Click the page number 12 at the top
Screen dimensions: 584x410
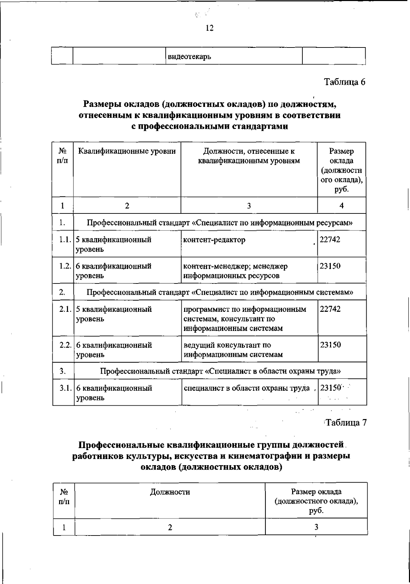tap(209, 28)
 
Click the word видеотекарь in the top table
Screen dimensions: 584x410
tap(189, 56)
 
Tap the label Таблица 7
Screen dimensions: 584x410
tap(345, 423)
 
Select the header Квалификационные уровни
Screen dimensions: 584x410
tap(127, 151)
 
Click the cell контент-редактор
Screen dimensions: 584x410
tap(214, 240)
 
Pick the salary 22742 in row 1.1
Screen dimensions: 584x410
tap(330, 240)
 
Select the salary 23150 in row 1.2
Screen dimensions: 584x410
tap(330, 266)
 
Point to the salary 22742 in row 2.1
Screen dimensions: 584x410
tap(330, 309)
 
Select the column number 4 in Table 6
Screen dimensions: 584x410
tap(341, 205)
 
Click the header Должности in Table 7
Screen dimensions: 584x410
tap(170, 492)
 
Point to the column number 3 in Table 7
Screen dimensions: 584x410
tap(316, 527)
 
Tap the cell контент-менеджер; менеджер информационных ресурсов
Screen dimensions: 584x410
tap(235, 271)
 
